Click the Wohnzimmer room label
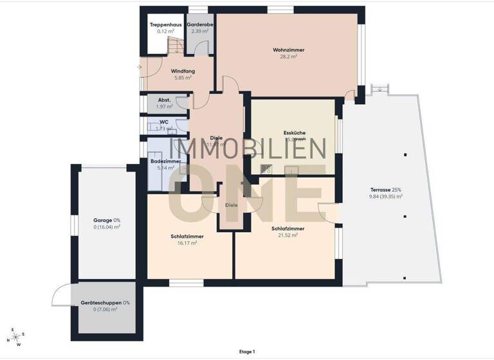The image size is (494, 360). [x=288, y=50]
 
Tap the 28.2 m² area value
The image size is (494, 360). [x=288, y=57]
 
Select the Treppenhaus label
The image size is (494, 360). [x=163, y=24]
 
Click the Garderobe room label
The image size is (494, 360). [x=200, y=24]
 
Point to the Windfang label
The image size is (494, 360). [x=183, y=71]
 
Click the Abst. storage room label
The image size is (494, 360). [x=164, y=100]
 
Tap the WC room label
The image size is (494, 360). [x=164, y=122]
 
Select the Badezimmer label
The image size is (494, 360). [x=165, y=161]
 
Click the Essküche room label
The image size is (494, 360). [x=295, y=132]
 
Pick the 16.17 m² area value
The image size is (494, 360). [x=183, y=243]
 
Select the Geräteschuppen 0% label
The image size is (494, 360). [x=105, y=302]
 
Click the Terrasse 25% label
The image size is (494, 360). [x=386, y=190]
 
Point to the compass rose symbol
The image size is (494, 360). [x=17, y=336]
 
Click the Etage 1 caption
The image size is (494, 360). [x=246, y=352]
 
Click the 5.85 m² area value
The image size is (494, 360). [x=183, y=78]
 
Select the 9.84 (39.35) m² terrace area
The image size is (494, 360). [x=386, y=197]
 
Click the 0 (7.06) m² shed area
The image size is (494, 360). [x=105, y=309]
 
